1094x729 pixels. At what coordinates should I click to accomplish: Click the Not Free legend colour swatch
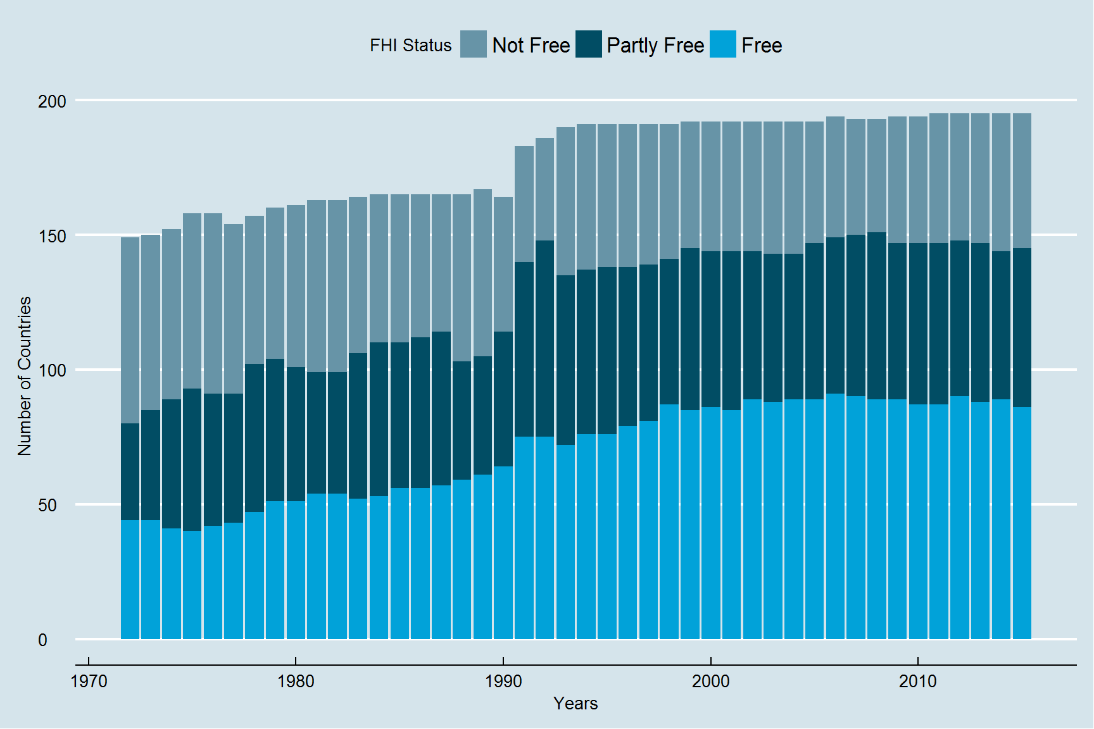473,44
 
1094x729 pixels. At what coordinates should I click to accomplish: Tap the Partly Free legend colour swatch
588,44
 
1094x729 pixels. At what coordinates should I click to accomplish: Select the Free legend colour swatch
722,44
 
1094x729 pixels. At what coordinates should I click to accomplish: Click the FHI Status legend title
410,46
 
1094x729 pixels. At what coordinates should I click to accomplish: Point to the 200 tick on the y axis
52,101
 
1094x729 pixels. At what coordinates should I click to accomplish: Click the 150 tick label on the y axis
52,236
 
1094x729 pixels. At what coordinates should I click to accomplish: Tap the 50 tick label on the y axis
47,505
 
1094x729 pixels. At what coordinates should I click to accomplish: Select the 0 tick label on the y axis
42,640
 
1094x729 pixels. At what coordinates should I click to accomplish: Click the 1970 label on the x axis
89,682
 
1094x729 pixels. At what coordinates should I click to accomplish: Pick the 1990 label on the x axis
503,682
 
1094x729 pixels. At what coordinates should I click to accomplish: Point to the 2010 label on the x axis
918,682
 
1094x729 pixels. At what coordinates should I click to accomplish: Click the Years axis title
575,704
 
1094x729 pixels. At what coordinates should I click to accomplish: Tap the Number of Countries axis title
24,376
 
